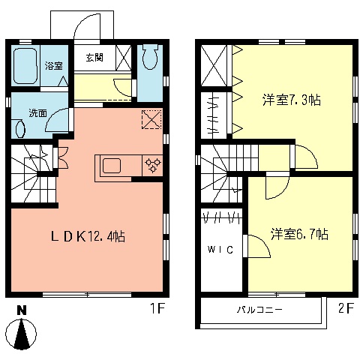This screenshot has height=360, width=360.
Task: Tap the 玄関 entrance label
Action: point(94,58)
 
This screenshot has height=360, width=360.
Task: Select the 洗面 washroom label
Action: point(37,113)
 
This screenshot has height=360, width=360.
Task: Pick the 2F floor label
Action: point(345,308)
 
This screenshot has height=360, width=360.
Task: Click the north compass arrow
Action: point(23,334)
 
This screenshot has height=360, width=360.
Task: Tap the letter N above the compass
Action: point(22,310)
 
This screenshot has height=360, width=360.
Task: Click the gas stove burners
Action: point(152,166)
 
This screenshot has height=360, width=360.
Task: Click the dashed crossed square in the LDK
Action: point(151,118)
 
